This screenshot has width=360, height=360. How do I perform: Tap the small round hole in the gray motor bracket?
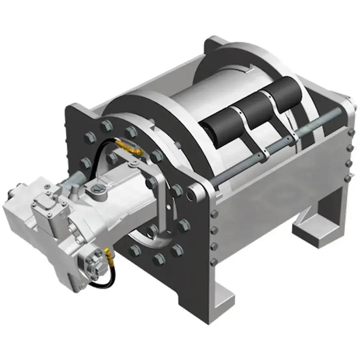pyautogui.click(x=168, y=207)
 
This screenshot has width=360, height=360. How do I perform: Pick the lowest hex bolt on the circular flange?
pyautogui.click(x=159, y=260)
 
